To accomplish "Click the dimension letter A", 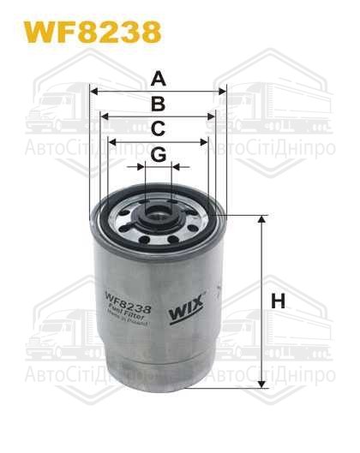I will coord(157,80).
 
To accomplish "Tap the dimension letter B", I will coord(157,104).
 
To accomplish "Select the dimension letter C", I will coord(157,129).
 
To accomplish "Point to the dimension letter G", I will coord(158,154).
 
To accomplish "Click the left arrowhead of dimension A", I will coord(93,91).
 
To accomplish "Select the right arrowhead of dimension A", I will coord(222,91).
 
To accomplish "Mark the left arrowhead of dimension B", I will coord(103,116).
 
